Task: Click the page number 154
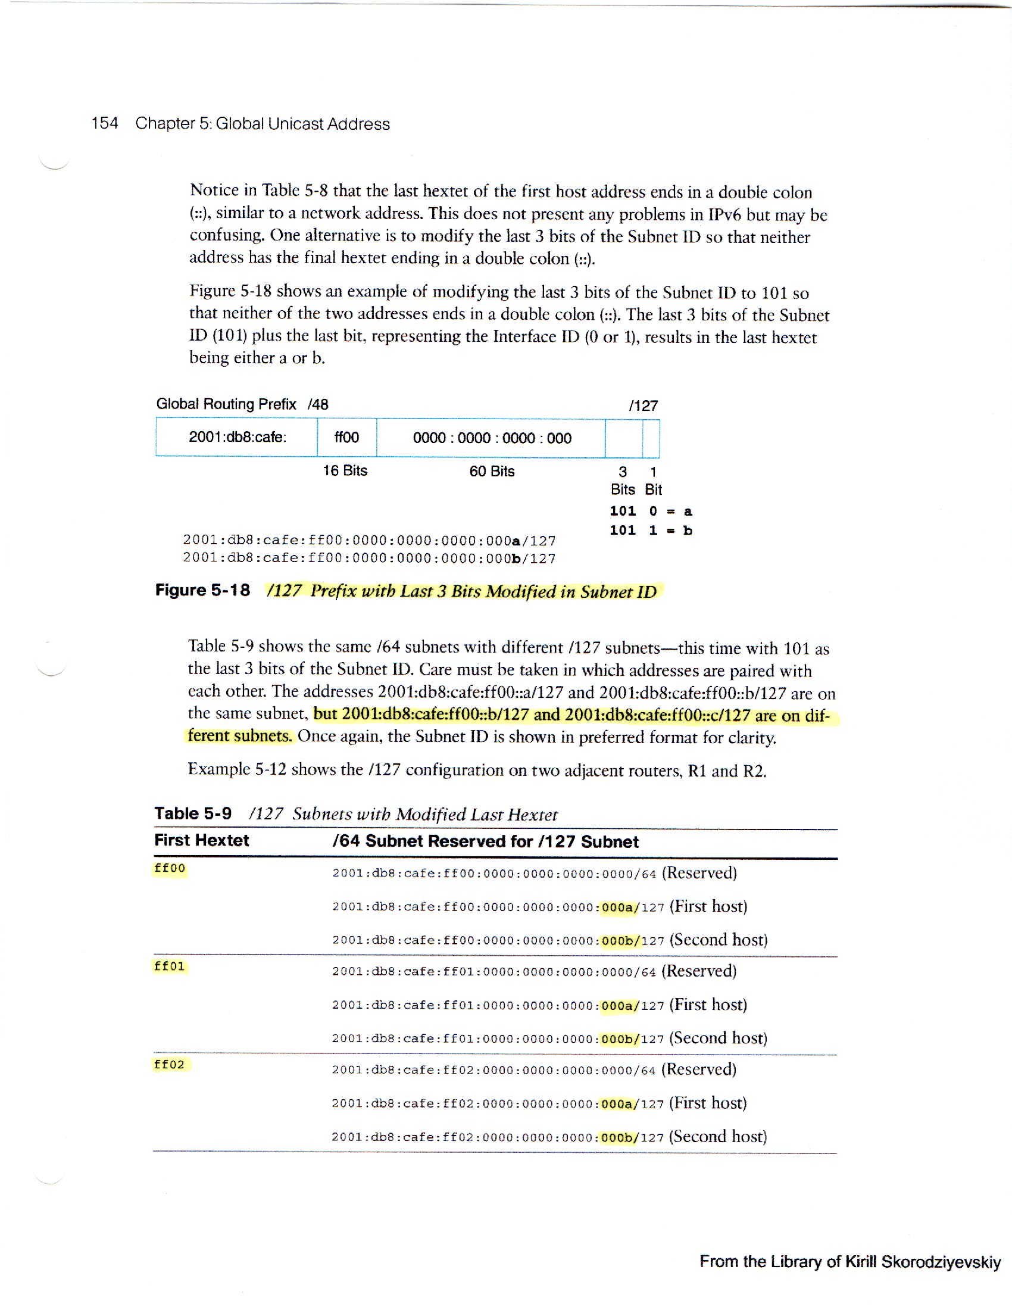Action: (104, 124)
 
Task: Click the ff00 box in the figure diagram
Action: (346, 437)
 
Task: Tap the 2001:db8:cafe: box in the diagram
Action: (238, 437)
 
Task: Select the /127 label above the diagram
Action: (644, 406)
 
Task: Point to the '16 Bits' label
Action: (345, 471)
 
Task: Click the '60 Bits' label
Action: (492, 472)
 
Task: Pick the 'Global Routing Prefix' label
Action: (226, 404)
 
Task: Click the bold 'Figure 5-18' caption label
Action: (202, 590)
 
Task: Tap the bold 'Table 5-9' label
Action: (192, 813)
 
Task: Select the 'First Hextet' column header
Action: (201, 840)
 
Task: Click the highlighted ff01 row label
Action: (170, 966)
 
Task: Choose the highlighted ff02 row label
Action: (170, 1065)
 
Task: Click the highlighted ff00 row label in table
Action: (170, 869)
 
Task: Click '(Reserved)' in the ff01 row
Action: (699, 971)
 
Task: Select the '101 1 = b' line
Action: (651, 530)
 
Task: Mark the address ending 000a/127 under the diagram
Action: (369, 541)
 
